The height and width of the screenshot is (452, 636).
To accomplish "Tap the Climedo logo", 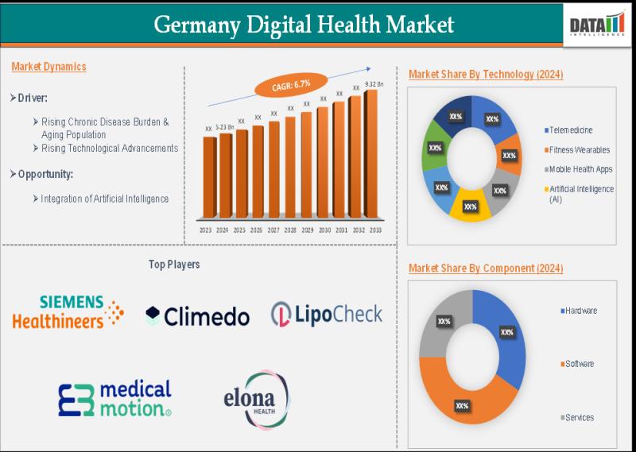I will [197, 316].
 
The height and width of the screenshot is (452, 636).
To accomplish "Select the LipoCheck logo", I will [326, 314].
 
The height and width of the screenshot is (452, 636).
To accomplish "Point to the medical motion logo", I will [114, 398].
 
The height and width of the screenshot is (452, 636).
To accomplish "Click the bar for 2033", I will [371, 154].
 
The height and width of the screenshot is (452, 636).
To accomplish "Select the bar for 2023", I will [208, 177].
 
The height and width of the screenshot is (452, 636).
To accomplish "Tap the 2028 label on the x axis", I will [289, 230].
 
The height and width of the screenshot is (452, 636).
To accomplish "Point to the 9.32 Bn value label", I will [374, 84].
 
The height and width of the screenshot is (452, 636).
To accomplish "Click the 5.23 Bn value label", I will [225, 126].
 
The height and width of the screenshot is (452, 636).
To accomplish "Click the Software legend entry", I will [579, 364].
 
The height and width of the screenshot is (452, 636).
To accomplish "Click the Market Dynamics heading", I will [48, 67].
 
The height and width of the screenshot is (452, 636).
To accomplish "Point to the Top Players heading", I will [174, 264].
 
